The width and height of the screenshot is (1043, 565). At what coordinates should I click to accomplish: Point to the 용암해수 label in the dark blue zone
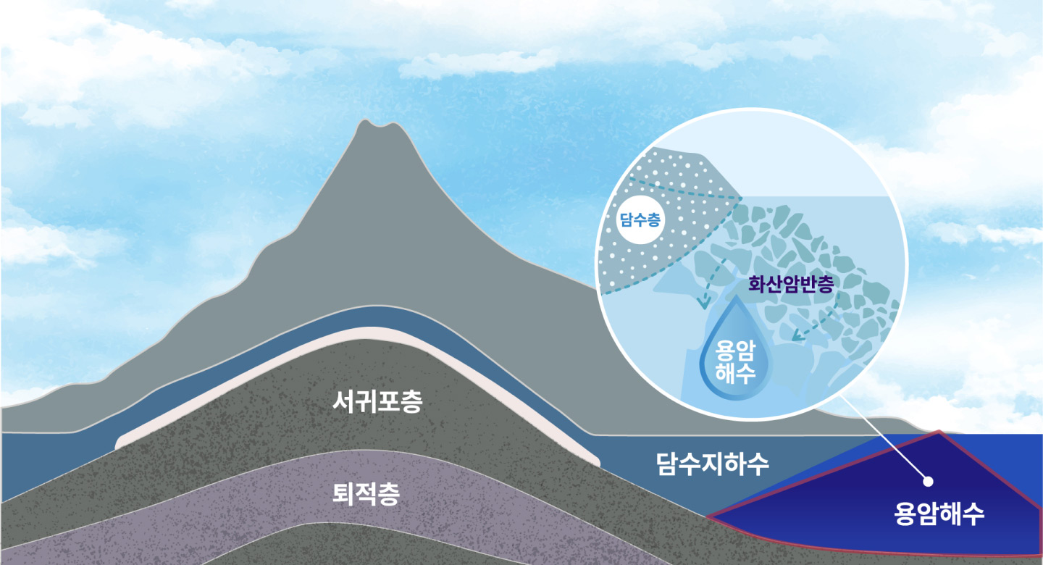tap(939, 514)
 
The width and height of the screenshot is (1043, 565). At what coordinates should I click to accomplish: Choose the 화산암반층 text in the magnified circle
tap(791, 283)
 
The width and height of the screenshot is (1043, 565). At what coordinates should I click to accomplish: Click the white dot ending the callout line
tap(929, 480)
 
